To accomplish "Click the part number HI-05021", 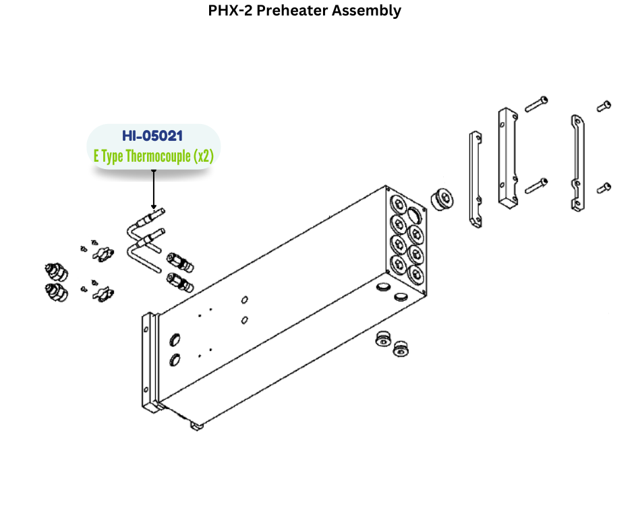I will (152, 136).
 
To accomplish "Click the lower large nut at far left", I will (56, 292).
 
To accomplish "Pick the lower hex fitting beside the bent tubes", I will (179, 282).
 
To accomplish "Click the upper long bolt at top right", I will (536, 104).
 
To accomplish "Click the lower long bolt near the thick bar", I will (536, 184).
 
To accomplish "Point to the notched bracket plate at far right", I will (577, 164).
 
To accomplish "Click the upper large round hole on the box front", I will (175, 339).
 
